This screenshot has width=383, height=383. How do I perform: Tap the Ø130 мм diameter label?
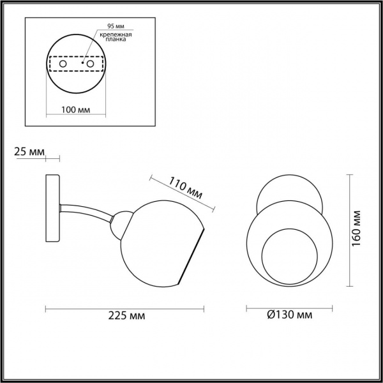point(290,315)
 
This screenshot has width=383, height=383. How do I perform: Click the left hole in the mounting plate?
point(63,64)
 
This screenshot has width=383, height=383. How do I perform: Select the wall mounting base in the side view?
point(52,209)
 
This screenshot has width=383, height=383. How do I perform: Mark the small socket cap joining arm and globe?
point(117,225)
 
